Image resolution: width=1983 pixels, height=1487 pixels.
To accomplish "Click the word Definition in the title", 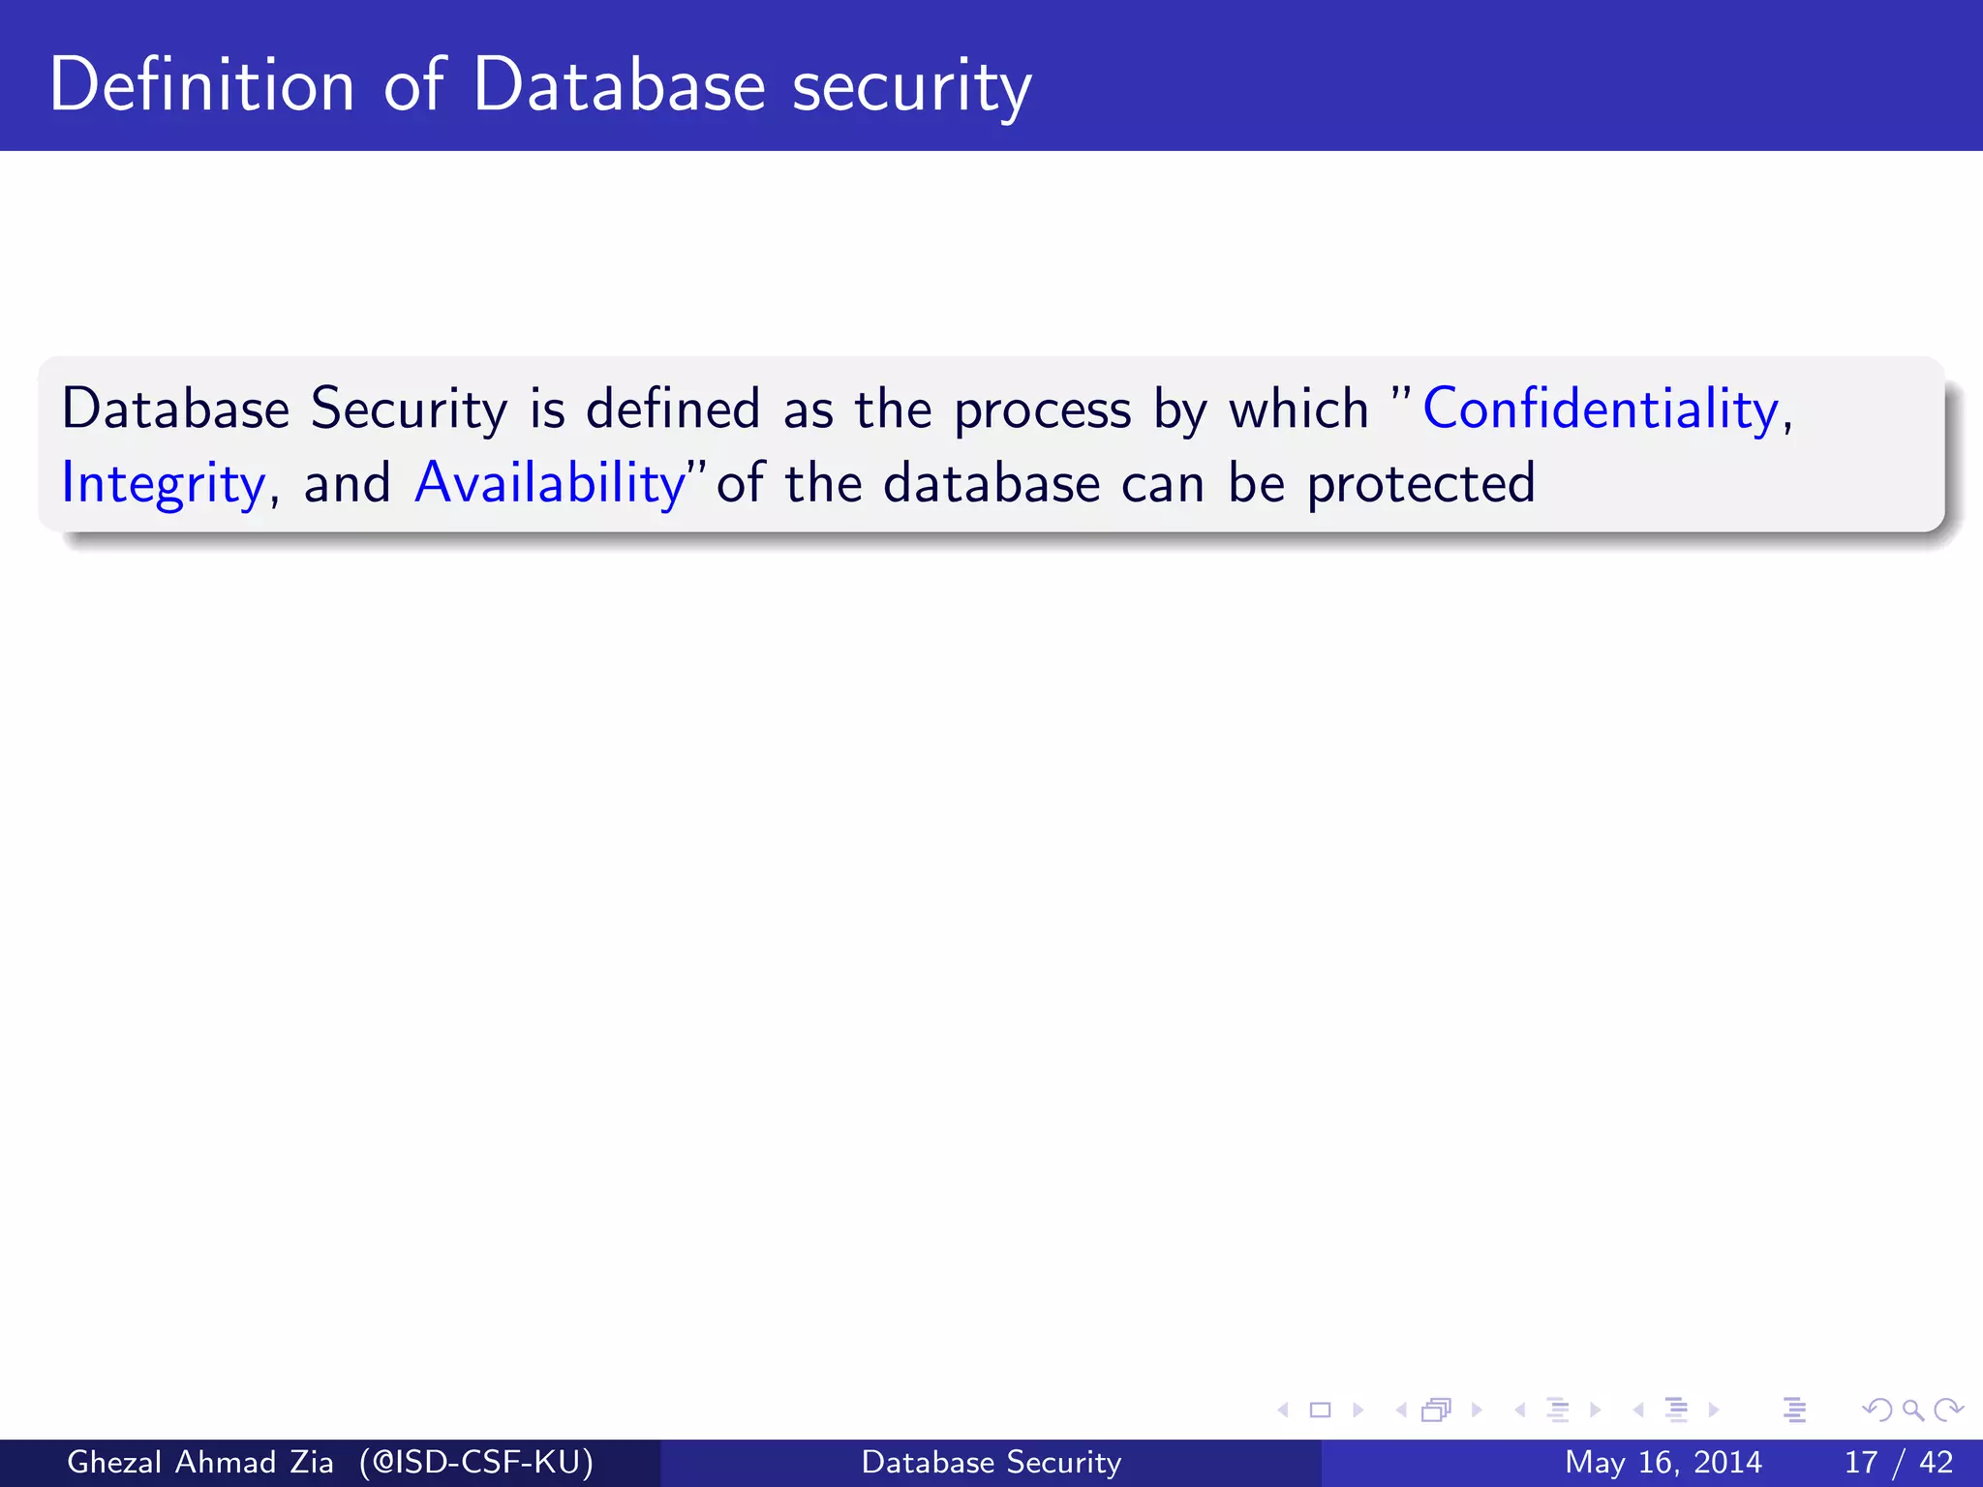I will pyautogui.click(x=201, y=85).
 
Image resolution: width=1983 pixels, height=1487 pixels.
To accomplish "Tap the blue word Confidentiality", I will pyautogui.click(x=1601, y=409).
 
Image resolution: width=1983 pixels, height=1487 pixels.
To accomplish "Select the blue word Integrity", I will pyautogui.click(x=163, y=483).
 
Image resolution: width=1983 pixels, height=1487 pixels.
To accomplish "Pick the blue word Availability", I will pyautogui.click(x=550, y=482).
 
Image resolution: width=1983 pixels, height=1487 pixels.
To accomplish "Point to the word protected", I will pyautogui.click(x=1420, y=483).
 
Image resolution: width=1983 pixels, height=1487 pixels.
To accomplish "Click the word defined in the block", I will pyautogui.click(x=673, y=409).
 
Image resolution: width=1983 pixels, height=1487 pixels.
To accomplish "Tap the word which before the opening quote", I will pyautogui.click(x=1297, y=409).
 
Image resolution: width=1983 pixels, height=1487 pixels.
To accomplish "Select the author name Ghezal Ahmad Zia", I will pyautogui.click(x=200, y=1462).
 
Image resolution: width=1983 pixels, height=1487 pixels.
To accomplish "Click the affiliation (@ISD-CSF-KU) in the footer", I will pyautogui.click(x=475, y=1462).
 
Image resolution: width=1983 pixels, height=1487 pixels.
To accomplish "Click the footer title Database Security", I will pyautogui.click(x=991, y=1462).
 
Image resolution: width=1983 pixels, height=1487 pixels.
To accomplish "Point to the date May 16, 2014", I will pyautogui.click(x=1663, y=1462).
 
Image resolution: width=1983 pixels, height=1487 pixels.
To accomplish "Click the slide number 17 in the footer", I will pyautogui.click(x=1861, y=1462).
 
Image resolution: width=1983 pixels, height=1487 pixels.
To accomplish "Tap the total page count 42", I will pyautogui.click(x=1936, y=1462).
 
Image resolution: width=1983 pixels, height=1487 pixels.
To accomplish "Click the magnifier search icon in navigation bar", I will pyautogui.click(x=1912, y=1410).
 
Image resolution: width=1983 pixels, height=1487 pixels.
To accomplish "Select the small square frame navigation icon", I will pyautogui.click(x=1320, y=1410).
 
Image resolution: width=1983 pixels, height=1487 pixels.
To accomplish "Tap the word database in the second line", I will pyautogui.click(x=991, y=482).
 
